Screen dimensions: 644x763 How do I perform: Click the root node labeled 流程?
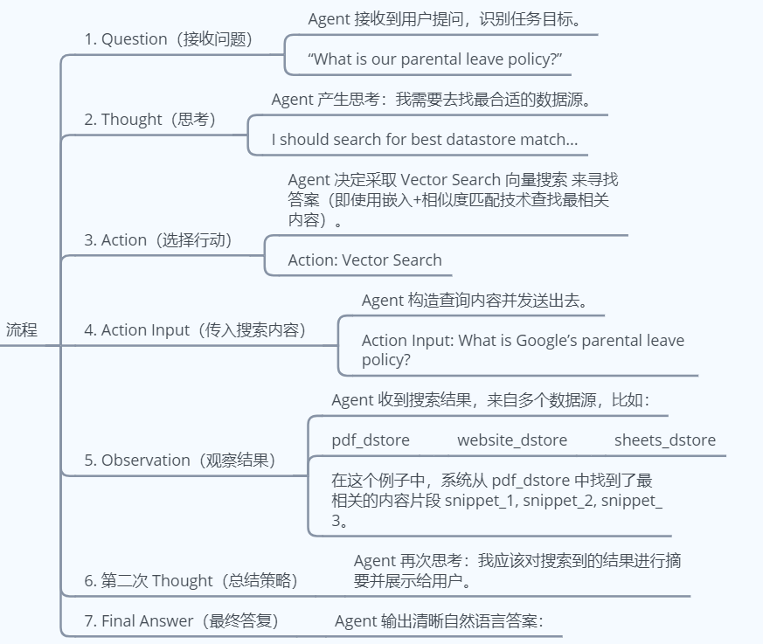click(x=22, y=330)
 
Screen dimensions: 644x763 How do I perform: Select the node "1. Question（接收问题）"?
click(x=168, y=39)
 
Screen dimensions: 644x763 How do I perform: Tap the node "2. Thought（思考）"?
click(x=149, y=120)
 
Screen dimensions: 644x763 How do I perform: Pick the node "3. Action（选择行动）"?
click(x=158, y=240)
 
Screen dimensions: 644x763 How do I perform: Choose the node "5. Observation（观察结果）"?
click(x=179, y=460)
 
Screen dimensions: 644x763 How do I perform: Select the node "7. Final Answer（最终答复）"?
click(x=181, y=621)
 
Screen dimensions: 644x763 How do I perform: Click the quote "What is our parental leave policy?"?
click(x=435, y=59)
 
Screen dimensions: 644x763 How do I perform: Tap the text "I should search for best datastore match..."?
click(x=424, y=140)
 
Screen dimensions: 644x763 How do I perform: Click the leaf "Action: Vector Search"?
click(x=364, y=260)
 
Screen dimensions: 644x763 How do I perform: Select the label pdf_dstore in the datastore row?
click(x=371, y=440)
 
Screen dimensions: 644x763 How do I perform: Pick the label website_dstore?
click(x=511, y=440)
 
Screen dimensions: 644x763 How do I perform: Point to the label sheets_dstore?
click(x=664, y=440)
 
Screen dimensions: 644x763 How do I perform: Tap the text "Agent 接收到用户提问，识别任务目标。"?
click(x=444, y=19)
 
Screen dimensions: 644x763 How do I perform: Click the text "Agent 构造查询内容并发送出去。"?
click(x=473, y=301)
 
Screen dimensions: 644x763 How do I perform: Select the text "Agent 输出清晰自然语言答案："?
click(x=439, y=621)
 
